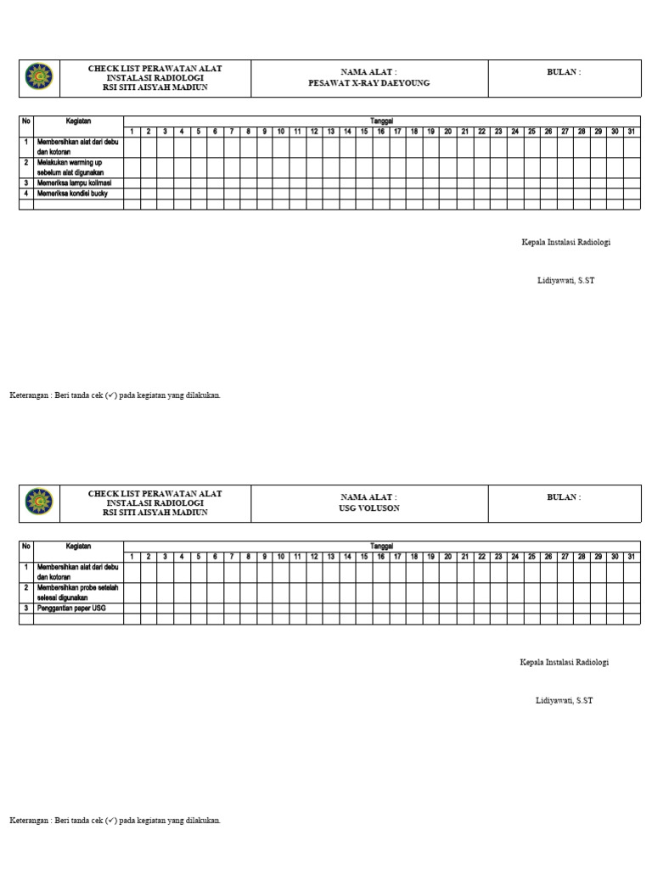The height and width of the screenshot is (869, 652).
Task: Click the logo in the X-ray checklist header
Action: click(39, 77)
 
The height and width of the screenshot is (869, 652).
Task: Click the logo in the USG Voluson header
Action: click(39, 502)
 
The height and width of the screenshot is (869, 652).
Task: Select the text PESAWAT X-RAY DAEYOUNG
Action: click(368, 84)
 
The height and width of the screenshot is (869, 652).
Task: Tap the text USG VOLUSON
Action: click(368, 508)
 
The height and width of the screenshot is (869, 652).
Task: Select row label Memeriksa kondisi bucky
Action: click(72, 193)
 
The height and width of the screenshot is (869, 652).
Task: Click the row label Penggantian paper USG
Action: click(71, 608)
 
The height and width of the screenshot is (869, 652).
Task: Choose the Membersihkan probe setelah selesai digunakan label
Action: click(75, 591)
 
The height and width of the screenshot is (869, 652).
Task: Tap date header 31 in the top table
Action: click(631, 132)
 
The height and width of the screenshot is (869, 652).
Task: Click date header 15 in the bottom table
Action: click(364, 557)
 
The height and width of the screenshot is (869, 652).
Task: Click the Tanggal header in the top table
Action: click(381, 121)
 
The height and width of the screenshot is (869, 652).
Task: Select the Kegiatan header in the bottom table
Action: click(78, 547)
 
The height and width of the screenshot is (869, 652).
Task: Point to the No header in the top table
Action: click(26, 121)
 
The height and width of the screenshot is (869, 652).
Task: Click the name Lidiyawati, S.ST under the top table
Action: click(565, 280)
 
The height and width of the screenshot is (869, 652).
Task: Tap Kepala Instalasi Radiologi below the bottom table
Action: click(565, 662)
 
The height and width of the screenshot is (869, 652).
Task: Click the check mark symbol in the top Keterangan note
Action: click(111, 395)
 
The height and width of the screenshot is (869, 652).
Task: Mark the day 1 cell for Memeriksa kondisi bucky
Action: click(132, 193)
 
